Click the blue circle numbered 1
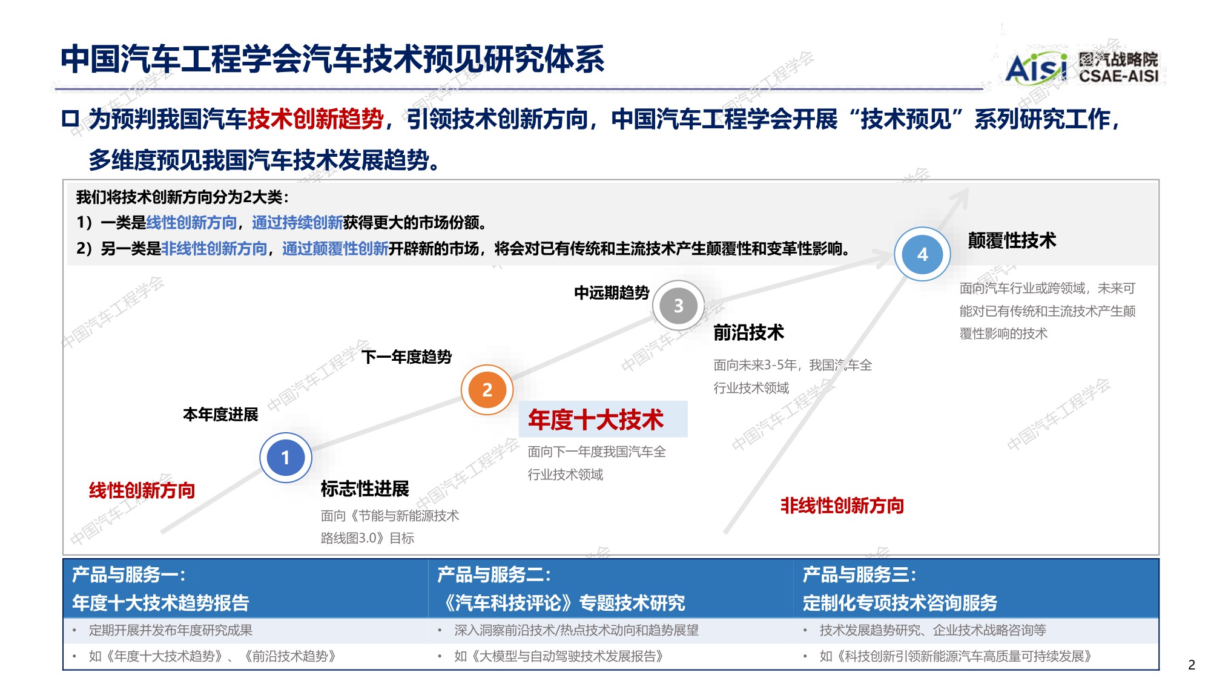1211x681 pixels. coord(286,458)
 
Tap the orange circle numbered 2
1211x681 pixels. coord(487,390)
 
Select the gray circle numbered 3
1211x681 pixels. coord(678,306)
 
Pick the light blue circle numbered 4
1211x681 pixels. coord(922,254)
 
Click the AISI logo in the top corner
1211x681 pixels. coord(1036,68)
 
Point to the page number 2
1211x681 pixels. coord(1192,665)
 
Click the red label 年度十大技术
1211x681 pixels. coord(596,419)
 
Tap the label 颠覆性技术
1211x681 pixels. coord(1012,240)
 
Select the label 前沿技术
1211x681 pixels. coord(748,332)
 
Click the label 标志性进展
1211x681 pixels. coord(365,489)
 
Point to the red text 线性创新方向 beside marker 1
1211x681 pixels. coord(142,490)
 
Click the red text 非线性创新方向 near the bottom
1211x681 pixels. coord(842,505)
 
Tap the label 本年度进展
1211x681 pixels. coord(220,415)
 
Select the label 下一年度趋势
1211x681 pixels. coord(406,357)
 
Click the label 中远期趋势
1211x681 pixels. coord(612,293)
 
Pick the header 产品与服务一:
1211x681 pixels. coord(128,574)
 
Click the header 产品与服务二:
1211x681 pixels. coord(494,574)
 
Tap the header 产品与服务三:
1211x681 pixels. coord(859,574)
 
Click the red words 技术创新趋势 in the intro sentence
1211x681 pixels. coord(315,119)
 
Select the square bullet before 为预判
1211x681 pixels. coord(70,119)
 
